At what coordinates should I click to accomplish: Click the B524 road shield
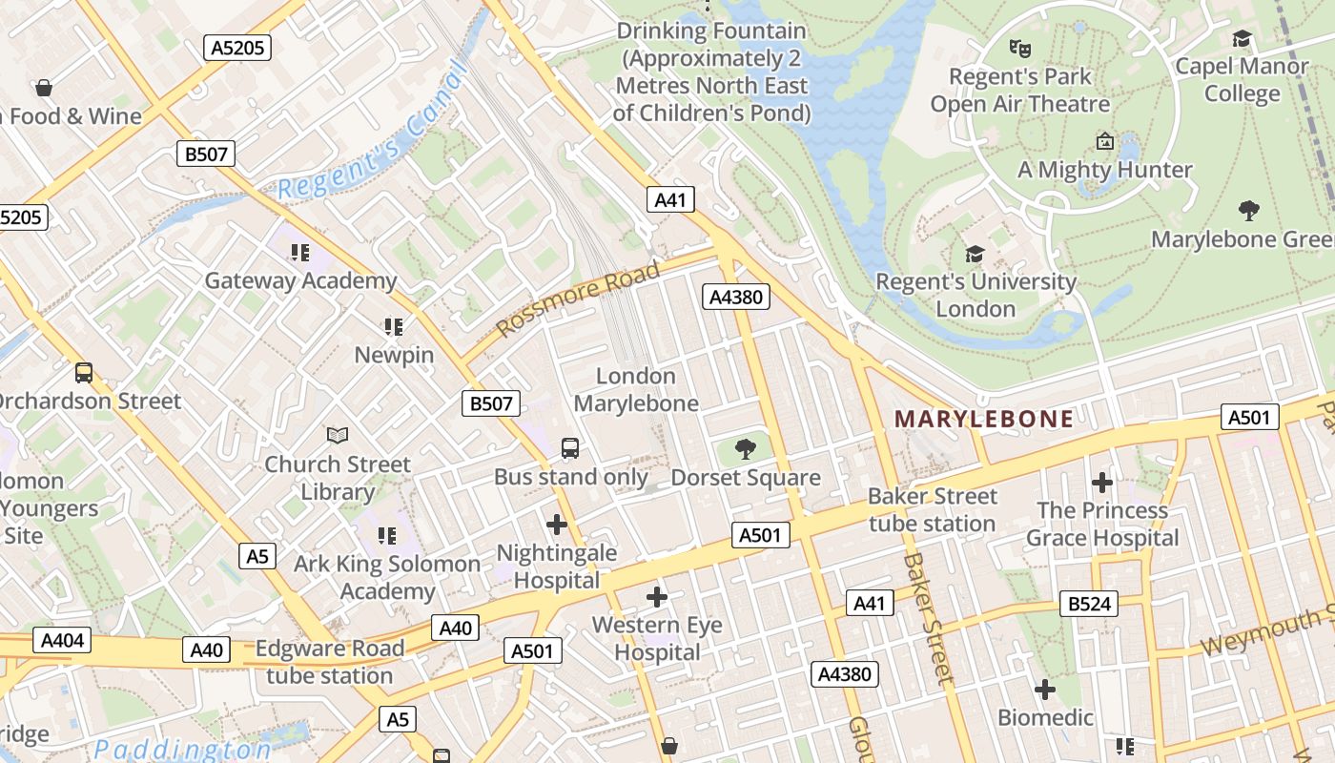tap(1088, 603)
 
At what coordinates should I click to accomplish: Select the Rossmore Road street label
tap(578, 298)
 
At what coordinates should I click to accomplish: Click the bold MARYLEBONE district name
tap(984, 418)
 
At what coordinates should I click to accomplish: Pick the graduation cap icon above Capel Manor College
tap(1242, 38)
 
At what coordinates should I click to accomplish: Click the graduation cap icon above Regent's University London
tap(975, 254)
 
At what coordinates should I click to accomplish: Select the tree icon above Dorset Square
tap(746, 448)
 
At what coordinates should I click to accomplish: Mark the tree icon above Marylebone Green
tap(1248, 210)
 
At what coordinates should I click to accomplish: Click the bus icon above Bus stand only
tap(569, 447)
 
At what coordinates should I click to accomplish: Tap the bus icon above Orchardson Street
tap(84, 372)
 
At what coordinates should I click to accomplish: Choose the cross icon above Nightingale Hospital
tap(557, 524)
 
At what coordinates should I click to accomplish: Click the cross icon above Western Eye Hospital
tap(657, 597)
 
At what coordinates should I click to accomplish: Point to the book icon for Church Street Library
tap(338, 435)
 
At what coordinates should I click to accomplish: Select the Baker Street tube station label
tap(932, 509)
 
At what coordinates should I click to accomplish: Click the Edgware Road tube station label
tap(329, 662)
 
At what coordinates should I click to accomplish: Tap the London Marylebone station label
tap(636, 389)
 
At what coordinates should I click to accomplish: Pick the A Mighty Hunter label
tap(1104, 170)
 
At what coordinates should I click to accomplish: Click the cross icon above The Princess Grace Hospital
tap(1102, 482)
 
